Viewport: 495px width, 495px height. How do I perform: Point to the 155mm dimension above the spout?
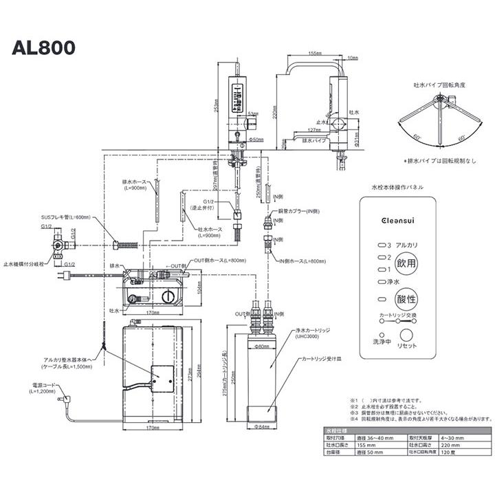coord(316,52)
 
